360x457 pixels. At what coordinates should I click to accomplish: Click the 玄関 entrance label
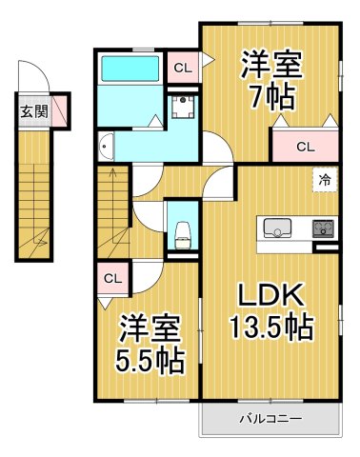(x=34, y=110)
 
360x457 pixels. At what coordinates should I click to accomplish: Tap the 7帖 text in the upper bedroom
(x=272, y=96)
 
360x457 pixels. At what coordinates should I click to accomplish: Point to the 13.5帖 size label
(x=271, y=328)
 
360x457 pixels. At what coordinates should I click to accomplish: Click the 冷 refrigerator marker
(x=325, y=178)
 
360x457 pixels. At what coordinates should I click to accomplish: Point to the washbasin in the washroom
(x=107, y=146)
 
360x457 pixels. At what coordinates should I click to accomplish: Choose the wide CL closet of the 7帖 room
(x=305, y=146)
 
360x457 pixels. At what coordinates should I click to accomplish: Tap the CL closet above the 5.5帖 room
(x=111, y=278)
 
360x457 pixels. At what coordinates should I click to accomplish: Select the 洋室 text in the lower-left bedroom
(x=150, y=330)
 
